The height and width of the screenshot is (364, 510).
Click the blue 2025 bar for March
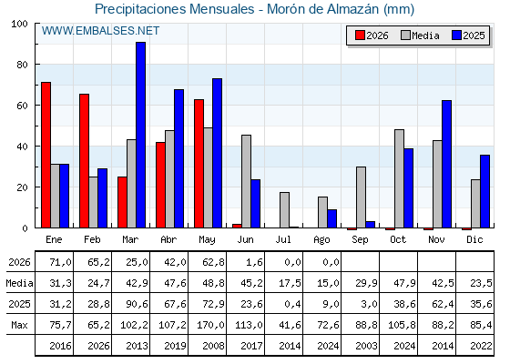[x=141, y=135]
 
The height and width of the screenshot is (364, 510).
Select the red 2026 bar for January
[x=46, y=155]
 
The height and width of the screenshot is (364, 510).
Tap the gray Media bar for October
[x=400, y=178]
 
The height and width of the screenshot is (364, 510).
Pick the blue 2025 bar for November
[x=446, y=164]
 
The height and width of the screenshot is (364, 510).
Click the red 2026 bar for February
[x=84, y=161]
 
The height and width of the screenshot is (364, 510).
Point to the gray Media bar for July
[x=284, y=210]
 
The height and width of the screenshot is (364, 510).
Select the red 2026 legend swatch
[x=360, y=35]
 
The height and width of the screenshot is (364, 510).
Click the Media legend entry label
[x=425, y=35]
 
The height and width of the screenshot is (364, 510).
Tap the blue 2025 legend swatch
[x=456, y=35]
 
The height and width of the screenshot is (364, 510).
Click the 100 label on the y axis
[x=19, y=24]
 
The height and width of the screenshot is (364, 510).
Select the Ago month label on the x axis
[x=321, y=240]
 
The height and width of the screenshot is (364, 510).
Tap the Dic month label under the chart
[x=474, y=239]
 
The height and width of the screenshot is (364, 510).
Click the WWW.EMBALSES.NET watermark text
[x=100, y=31]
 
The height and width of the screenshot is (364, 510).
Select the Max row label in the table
[x=19, y=325]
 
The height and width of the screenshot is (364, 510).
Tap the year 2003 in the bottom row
[x=366, y=346]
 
